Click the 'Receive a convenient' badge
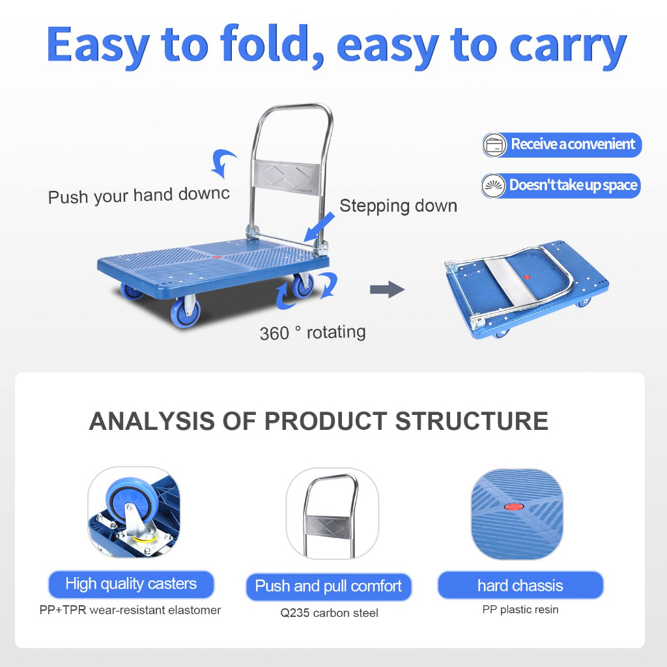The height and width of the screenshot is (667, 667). (561, 145)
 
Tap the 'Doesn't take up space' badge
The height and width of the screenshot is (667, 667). (561, 186)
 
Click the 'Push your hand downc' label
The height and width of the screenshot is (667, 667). (139, 195)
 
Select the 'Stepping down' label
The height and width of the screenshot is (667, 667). (398, 206)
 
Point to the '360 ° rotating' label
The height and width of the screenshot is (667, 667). (313, 332)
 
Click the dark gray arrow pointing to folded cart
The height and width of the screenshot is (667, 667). (387, 290)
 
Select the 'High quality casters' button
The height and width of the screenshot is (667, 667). (131, 584)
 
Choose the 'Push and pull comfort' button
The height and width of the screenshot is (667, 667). (328, 586)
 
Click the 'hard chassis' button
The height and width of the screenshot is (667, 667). (520, 586)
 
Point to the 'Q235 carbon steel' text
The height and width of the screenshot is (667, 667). (329, 613)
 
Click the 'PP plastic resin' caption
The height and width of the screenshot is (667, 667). (520, 610)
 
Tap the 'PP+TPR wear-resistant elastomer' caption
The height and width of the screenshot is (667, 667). (130, 610)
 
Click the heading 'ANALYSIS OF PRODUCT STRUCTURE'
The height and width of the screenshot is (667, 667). (319, 421)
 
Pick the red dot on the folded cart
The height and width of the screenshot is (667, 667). (526, 277)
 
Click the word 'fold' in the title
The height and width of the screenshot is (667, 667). (263, 44)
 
